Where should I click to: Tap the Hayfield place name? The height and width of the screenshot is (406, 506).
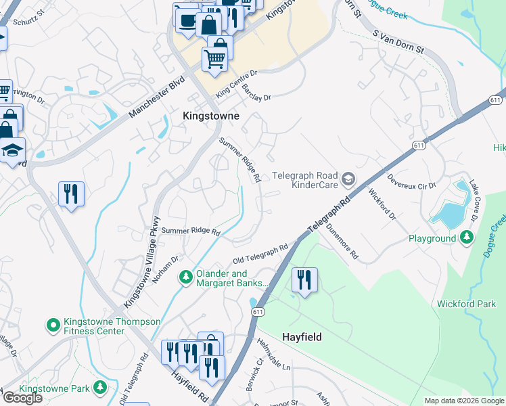[x=301, y=336]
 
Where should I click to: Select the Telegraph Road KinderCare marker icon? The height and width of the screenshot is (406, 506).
[x=348, y=179]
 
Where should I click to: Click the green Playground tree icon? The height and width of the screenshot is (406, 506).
[x=466, y=238]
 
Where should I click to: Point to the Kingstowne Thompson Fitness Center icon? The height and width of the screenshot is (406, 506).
[x=53, y=326]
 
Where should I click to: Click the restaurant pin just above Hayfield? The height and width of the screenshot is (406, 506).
[x=304, y=279]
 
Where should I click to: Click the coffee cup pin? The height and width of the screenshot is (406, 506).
[x=185, y=20]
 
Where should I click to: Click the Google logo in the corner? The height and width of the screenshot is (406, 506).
[x=23, y=398]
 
